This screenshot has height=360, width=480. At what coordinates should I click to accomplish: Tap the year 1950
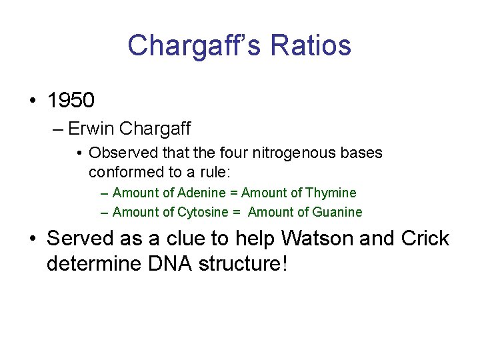[71, 100]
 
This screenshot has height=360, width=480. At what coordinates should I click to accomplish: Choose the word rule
[214, 172]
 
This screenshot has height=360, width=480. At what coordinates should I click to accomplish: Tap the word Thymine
[331, 193]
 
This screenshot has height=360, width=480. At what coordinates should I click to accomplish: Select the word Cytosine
[203, 212]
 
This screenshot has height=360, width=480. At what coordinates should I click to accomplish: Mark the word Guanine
[337, 212]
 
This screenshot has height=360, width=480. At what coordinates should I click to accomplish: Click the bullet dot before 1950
[31, 101]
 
